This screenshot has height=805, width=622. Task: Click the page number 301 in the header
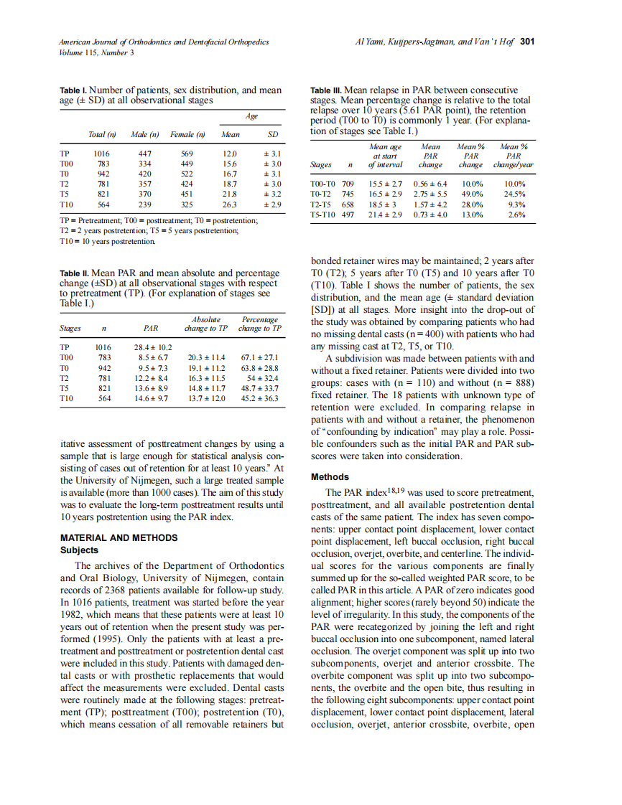[x=526, y=41]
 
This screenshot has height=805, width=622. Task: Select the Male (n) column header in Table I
[x=144, y=134]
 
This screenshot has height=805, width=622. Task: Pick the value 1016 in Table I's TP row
[x=102, y=154]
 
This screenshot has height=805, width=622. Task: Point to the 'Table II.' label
[x=74, y=273]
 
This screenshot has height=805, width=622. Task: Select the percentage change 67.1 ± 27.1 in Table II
[x=259, y=357]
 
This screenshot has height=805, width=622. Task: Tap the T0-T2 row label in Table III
[x=323, y=194]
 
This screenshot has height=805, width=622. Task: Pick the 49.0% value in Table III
[x=471, y=194]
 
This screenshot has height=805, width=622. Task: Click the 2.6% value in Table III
[x=516, y=214]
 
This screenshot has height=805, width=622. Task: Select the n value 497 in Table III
[x=347, y=214]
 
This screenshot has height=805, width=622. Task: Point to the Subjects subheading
[x=80, y=550]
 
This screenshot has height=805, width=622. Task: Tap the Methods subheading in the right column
[x=330, y=477]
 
